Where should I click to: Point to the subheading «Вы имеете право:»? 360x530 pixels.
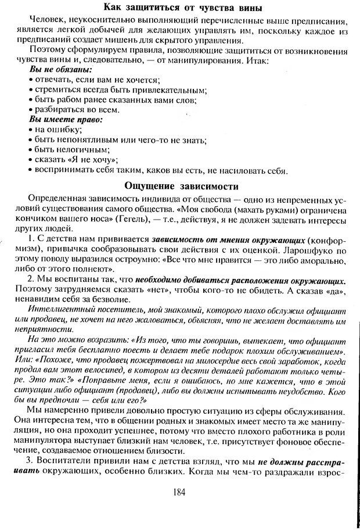65,119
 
